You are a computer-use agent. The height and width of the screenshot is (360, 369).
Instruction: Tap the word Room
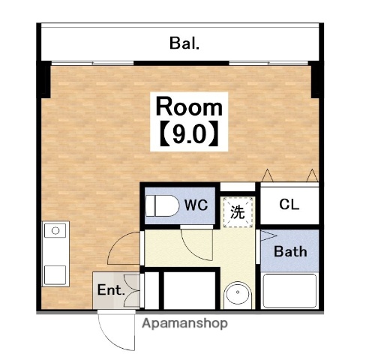189,106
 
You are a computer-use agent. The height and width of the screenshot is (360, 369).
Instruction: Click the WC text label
196,204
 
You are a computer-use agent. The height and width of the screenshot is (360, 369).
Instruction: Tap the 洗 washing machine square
237,211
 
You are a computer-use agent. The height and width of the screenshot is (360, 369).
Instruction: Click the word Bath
289,251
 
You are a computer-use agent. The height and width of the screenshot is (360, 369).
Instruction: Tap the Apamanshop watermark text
184,324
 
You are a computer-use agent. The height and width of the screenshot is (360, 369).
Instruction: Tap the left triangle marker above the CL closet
266,175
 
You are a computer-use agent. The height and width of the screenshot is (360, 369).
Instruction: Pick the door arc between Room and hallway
124,247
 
